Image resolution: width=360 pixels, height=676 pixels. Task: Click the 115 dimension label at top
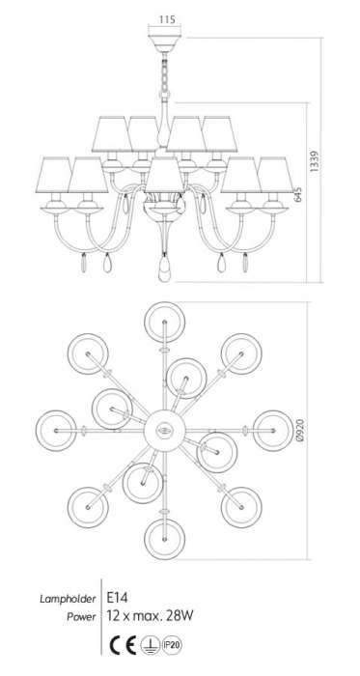tap(164, 20)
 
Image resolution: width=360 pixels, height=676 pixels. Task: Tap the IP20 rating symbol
tap(171, 645)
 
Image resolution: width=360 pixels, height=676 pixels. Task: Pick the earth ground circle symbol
tap(150, 645)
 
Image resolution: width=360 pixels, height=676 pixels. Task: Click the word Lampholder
tap(68, 599)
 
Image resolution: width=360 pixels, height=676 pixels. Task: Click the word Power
tap(80, 617)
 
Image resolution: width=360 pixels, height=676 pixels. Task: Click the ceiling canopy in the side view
tap(164, 43)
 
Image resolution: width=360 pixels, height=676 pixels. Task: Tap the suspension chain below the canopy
tap(164, 74)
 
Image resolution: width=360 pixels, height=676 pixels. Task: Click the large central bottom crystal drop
tap(164, 269)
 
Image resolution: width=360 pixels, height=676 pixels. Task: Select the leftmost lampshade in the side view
tap(53, 175)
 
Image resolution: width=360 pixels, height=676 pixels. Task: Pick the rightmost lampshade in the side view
tap(275, 175)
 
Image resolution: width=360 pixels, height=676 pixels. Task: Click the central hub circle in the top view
tap(164, 431)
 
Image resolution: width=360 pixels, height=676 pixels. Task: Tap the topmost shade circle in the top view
tap(164, 322)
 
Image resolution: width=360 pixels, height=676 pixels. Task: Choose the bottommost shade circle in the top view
tap(164, 539)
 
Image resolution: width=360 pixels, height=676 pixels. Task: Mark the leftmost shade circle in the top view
tap(56, 431)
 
